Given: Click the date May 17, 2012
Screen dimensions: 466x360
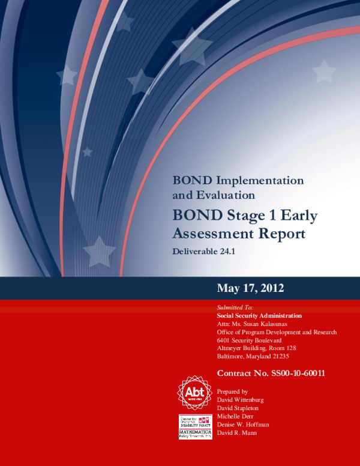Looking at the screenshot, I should point(250,288).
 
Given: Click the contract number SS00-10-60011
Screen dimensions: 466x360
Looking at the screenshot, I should point(271,373).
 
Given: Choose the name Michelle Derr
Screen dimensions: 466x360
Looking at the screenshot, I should point(237,416).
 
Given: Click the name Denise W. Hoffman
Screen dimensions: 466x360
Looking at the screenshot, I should point(243,424).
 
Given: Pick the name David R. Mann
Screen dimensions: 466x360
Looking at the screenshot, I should point(236,432).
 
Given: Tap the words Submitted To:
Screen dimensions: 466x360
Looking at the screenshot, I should point(235,307).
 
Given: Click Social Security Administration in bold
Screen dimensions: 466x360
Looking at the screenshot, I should point(259,315).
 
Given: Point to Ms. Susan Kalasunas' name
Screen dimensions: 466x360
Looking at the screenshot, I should point(263,324).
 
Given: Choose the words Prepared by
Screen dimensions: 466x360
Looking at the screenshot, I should point(232,391).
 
